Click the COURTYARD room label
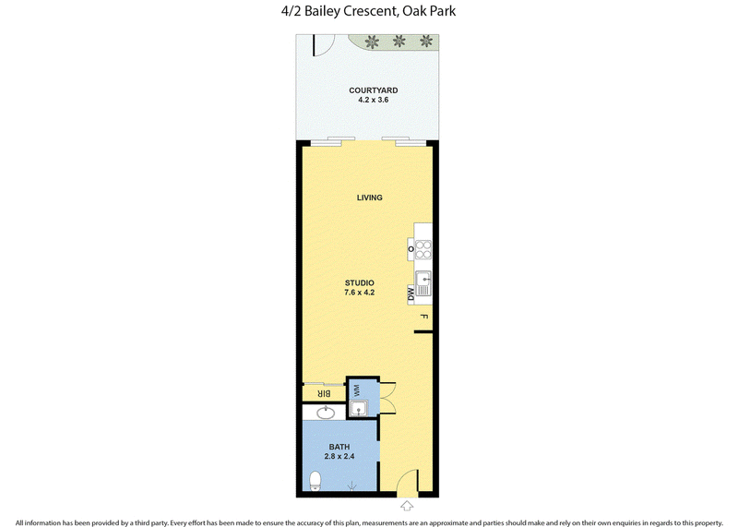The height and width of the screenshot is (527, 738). pyautogui.click(x=374, y=90)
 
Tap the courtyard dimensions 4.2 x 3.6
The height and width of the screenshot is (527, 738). pyautogui.click(x=374, y=100)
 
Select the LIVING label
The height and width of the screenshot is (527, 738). pyautogui.click(x=370, y=198)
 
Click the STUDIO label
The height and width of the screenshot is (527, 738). pyautogui.click(x=360, y=283)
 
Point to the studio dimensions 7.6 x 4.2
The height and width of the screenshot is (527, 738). pyautogui.click(x=360, y=293)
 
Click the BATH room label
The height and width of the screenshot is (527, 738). pyautogui.click(x=339, y=447)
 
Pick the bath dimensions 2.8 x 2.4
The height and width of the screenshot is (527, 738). pyautogui.click(x=339, y=456)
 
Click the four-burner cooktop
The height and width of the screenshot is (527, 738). pyautogui.click(x=423, y=249)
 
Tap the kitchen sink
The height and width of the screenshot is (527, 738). pyautogui.click(x=423, y=283)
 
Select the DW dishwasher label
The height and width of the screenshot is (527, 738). pyautogui.click(x=411, y=294)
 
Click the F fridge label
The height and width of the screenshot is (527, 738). pyautogui.click(x=423, y=317)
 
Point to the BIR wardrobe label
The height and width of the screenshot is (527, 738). pyautogui.click(x=325, y=394)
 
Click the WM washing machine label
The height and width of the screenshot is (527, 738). pyautogui.click(x=356, y=390)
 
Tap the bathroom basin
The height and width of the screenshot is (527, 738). pyautogui.click(x=326, y=413)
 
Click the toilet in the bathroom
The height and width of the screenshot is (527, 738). pyautogui.click(x=315, y=482)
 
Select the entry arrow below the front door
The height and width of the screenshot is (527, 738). pyautogui.click(x=407, y=507)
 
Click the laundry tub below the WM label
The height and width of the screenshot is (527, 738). pyautogui.click(x=359, y=408)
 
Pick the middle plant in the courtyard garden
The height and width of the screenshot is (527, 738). pyautogui.click(x=399, y=41)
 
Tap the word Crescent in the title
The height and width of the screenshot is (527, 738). pyautogui.click(x=370, y=11)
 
